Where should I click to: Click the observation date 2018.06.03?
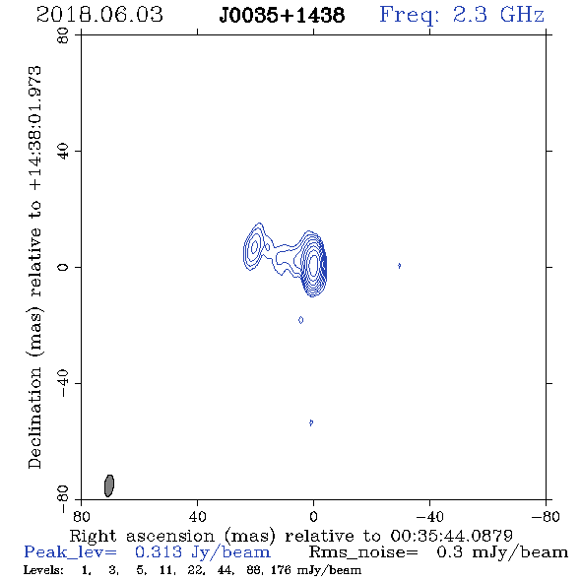[99, 15]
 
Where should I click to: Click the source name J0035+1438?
[282, 16]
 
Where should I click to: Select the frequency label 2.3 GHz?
[498, 15]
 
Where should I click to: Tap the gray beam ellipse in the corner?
[109, 485]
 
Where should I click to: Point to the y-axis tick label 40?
[63, 152]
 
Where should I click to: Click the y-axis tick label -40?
[63, 383]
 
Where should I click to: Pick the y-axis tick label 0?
[63, 267]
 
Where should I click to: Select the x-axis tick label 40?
[197, 517]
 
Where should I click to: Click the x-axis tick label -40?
[429, 517]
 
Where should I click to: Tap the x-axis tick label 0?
[313, 517]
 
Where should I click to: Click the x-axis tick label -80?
[546, 517]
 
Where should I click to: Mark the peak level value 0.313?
[159, 552]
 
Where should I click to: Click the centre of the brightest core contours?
[313, 265]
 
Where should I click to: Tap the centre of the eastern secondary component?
[254, 247]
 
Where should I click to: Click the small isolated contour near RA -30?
[399, 266]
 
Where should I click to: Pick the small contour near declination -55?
[311, 422]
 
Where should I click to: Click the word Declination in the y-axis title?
[34, 418]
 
